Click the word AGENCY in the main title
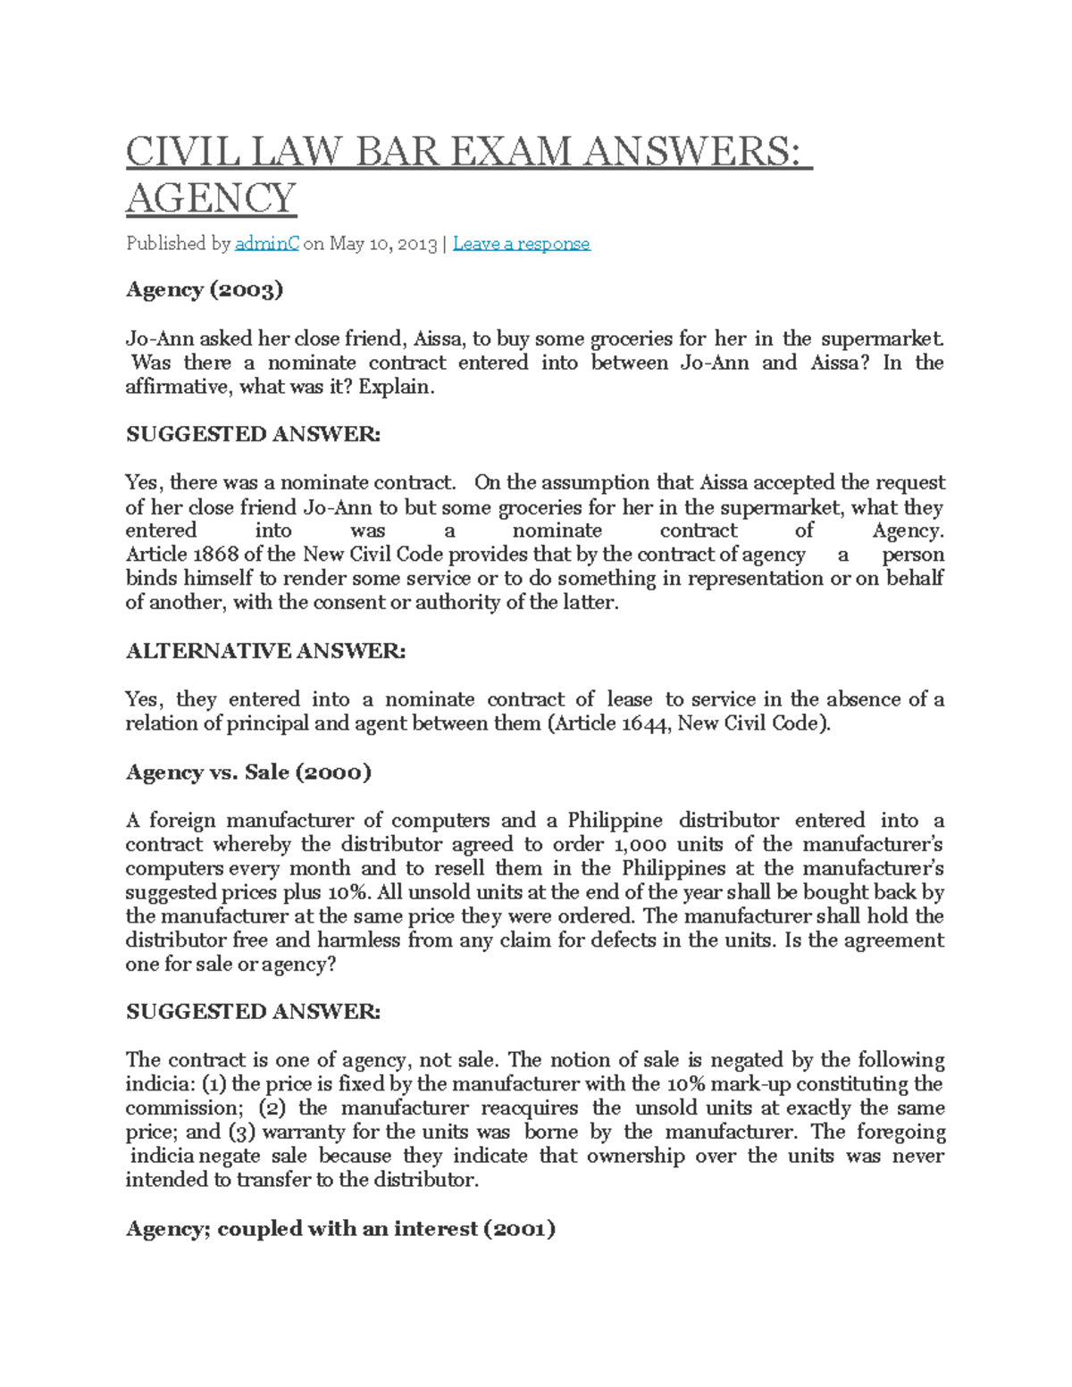(x=211, y=198)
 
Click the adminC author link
(x=266, y=244)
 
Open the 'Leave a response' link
(x=521, y=244)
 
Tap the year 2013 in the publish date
(x=417, y=244)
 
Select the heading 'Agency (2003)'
(x=205, y=289)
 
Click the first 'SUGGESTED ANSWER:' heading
(x=253, y=434)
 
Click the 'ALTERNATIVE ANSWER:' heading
(x=265, y=651)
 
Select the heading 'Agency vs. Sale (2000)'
(x=248, y=772)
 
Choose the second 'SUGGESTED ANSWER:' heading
(x=253, y=1012)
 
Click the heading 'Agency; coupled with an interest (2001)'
(x=340, y=1229)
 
